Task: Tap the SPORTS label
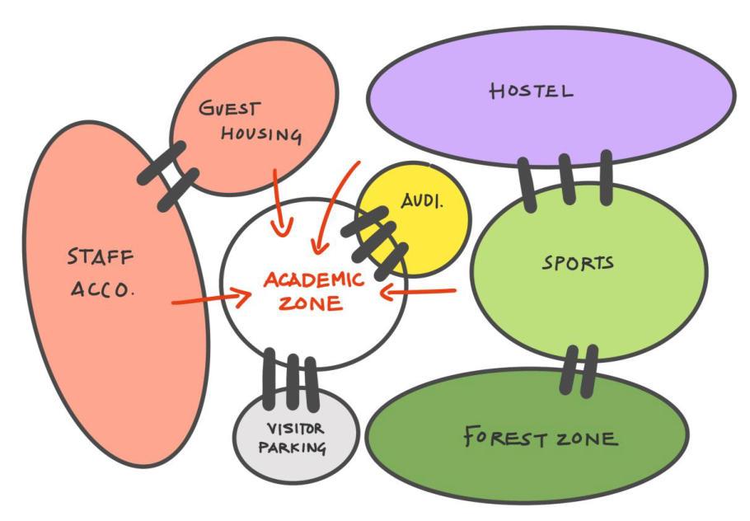[x=578, y=264]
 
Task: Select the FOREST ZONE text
[x=540, y=436]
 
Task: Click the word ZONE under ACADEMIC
[x=310, y=303]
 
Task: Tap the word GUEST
[x=230, y=109]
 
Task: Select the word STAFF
[x=100, y=258]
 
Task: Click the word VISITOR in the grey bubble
[x=295, y=429]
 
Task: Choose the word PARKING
[x=292, y=448]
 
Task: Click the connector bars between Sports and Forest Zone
[x=578, y=371]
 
